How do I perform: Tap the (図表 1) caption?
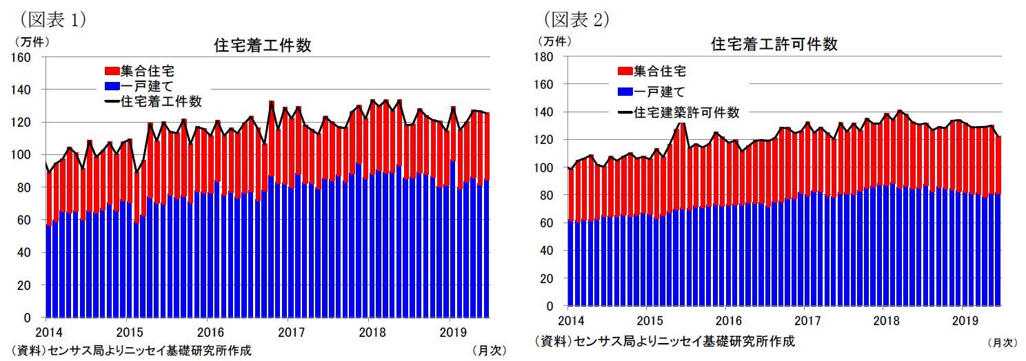(x=52, y=19)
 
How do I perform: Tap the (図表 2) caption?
(x=576, y=19)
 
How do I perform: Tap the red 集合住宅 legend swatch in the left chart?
(x=111, y=71)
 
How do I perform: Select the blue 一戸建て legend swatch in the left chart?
(x=111, y=86)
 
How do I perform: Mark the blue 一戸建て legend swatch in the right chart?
(x=625, y=92)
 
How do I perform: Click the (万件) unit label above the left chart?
(x=30, y=41)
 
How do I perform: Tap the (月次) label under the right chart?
(x=1001, y=342)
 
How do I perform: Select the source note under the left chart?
(x=131, y=350)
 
